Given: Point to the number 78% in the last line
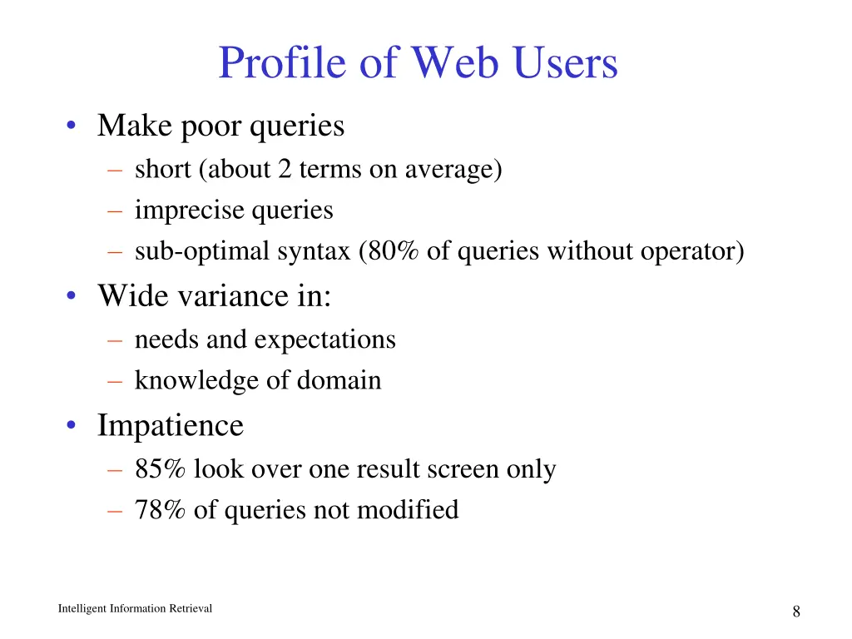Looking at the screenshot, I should [161, 509].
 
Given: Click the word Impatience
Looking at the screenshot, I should [171, 426].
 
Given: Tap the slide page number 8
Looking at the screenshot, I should [796, 612].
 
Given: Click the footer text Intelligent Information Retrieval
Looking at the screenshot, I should [135, 609].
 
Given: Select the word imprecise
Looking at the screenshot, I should [190, 211].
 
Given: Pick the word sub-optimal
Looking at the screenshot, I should [201, 250].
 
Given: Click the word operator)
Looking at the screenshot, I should [692, 250].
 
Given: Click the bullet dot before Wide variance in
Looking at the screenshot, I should [73, 296].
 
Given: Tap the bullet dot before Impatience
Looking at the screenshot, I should [73, 426].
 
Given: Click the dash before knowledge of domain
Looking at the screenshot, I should [114, 380].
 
